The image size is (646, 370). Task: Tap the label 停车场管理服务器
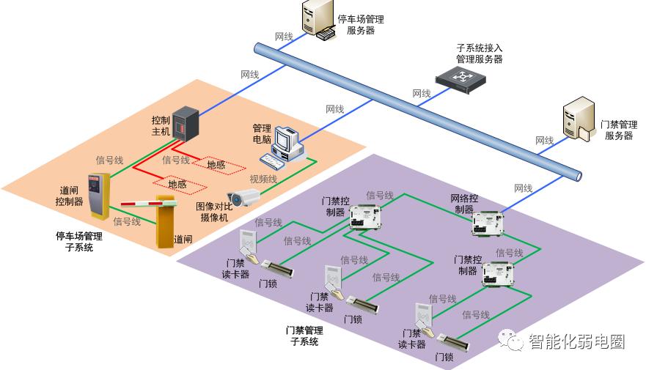point(360,25)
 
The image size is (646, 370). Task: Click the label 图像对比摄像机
point(215,211)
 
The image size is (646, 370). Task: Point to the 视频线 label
point(263,178)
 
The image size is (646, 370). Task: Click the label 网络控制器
point(464,204)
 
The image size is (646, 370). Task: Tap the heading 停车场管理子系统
point(79,242)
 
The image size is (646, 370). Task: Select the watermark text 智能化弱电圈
point(576,341)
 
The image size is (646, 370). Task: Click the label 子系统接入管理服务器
point(480,53)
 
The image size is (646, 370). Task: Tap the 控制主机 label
point(160,125)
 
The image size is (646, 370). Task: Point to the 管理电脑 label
point(262,133)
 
